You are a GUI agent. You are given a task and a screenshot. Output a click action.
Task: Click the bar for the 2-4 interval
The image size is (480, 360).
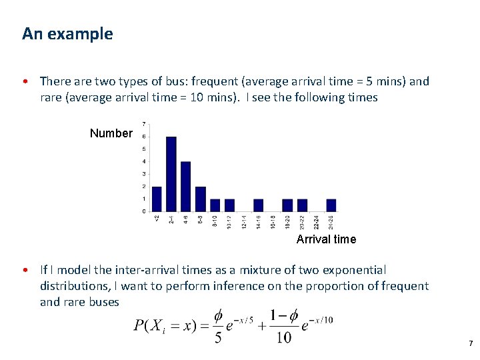point(171,174)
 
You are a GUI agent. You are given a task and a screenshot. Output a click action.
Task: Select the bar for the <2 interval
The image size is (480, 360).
point(157,199)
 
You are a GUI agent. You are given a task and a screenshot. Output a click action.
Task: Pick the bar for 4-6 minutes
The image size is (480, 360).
point(186,186)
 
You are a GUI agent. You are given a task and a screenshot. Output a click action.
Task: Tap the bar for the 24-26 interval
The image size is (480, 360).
point(331,205)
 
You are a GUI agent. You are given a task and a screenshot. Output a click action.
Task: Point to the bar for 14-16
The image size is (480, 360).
point(259,205)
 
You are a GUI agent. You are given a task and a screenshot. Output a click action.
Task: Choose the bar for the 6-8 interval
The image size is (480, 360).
point(201,199)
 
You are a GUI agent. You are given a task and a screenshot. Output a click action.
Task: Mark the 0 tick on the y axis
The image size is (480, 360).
point(144,211)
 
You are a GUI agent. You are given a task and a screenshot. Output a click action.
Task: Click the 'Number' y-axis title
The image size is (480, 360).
point(111,133)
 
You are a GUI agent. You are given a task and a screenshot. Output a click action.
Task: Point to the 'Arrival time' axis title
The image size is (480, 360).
point(326,239)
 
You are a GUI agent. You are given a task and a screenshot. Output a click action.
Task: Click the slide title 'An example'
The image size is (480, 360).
point(67,33)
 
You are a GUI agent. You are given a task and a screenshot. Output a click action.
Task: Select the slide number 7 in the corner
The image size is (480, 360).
point(471,343)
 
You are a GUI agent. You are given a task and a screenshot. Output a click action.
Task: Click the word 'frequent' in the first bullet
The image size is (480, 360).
point(214,81)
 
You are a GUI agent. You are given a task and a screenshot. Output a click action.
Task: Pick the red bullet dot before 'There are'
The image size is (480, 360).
point(25,82)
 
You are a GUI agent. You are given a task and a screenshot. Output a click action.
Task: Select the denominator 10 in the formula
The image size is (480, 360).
point(284,338)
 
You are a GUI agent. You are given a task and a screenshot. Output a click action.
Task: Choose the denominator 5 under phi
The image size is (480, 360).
point(218,338)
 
